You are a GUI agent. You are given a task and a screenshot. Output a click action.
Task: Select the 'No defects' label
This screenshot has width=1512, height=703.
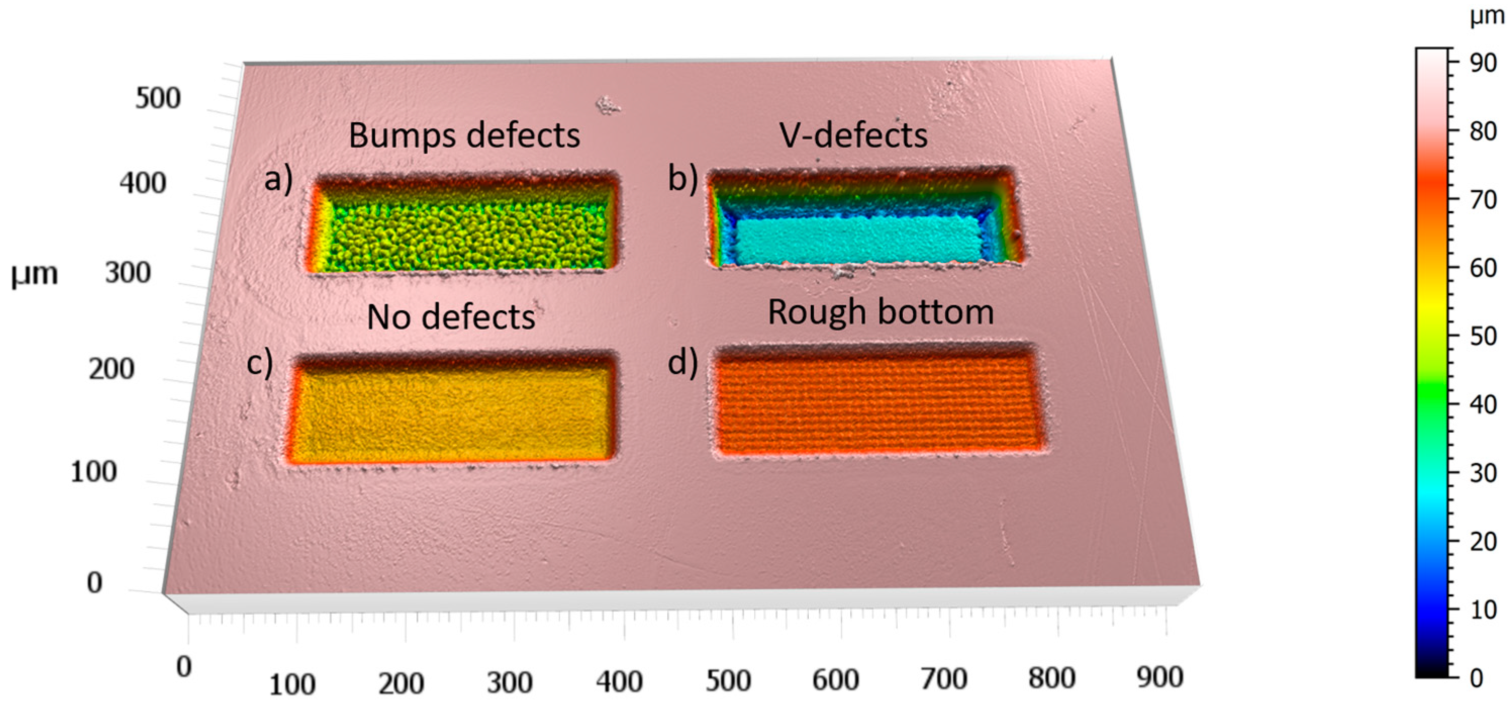[x=451, y=318]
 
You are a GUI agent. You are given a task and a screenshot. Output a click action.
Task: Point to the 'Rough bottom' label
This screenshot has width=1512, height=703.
[x=881, y=312]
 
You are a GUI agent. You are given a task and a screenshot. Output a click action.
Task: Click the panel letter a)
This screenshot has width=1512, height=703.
[x=278, y=178]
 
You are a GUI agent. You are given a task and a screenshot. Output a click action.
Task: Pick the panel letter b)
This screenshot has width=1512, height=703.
[x=682, y=178]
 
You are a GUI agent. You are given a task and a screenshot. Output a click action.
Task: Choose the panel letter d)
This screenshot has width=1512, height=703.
[x=682, y=362]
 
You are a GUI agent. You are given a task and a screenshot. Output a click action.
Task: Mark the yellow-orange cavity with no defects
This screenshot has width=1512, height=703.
[x=452, y=414]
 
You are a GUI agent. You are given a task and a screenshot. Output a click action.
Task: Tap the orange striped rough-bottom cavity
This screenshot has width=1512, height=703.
[x=877, y=405]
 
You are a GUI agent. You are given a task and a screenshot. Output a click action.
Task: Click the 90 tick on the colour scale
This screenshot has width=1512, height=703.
[x=1482, y=63]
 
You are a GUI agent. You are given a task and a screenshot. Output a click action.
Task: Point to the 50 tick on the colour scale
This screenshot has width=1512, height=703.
[x=1482, y=337]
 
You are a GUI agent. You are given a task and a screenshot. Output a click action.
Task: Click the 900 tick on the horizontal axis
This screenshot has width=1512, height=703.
[x=1159, y=677]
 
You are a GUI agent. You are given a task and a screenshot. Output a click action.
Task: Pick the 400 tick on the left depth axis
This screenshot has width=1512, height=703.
[x=142, y=183]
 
